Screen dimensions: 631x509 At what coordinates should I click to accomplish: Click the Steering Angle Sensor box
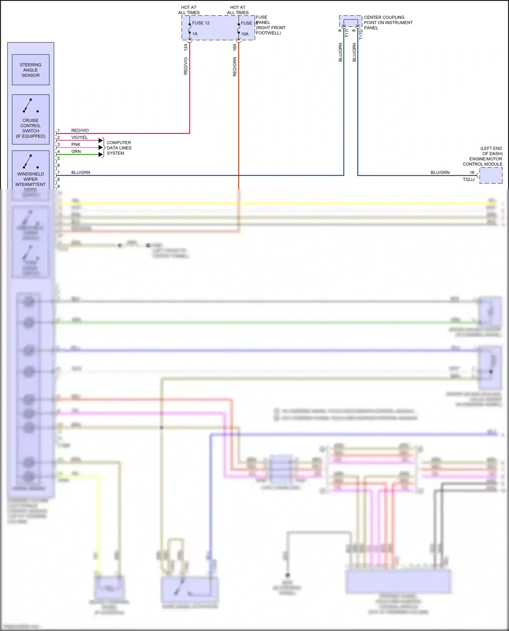[x=31, y=70]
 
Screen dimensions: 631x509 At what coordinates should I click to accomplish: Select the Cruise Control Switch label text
[x=31, y=128]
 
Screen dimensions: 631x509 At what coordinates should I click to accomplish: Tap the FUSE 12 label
[x=201, y=23]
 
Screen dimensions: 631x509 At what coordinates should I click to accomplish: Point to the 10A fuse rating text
[x=245, y=34]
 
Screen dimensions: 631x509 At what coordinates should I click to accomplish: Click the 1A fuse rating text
[x=195, y=34]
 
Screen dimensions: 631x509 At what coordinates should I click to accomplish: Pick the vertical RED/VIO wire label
[x=186, y=66]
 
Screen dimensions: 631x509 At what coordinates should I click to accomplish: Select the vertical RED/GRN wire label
[x=234, y=66]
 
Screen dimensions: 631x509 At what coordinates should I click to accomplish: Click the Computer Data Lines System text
[x=119, y=148]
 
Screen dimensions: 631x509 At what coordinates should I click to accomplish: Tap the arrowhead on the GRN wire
[x=101, y=155]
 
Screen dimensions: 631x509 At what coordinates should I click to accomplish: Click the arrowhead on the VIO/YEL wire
[x=101, y=140]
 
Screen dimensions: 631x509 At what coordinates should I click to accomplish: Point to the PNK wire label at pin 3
[x=76, y=144]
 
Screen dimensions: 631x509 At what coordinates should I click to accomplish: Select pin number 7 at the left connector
[x=58, y=173]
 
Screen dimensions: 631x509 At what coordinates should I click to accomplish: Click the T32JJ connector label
[x=468, y=179]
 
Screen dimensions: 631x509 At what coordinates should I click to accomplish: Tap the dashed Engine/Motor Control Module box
[x=491, y=176]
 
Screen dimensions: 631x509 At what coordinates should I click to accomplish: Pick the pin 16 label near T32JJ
[x=472, y=173]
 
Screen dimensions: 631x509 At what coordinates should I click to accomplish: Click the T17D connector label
[x=361, y=34]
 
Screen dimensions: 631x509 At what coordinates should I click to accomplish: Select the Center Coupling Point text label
[x=388, y=22]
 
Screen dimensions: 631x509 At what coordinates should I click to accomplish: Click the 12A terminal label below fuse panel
[x=186, y=47]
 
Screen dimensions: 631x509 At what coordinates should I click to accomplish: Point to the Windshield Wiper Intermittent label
[x=31, y=179]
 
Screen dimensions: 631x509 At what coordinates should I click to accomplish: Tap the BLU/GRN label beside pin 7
[x=81, y=173]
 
